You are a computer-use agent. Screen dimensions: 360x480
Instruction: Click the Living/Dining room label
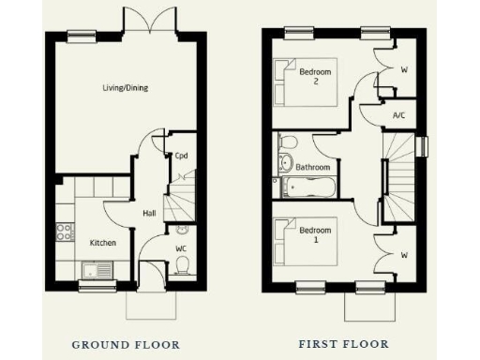pyautogui.click(x=125, y=88)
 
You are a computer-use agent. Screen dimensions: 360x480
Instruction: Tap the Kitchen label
pyautogui.click(x=102, y=243)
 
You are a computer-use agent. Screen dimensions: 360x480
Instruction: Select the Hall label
pyautogui.click(x=149, y=213)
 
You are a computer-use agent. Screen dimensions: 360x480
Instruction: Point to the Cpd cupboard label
pyautogui.click(x=180, y=157)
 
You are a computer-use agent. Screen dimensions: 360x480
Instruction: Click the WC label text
pyautogui.click(x=181, y=248)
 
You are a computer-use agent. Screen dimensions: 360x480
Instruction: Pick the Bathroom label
pyautogui.click(x=313, y=168)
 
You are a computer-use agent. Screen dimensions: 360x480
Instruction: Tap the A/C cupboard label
pyautogui.click(x=399, y=115)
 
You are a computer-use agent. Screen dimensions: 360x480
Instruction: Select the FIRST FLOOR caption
pyautogui.click(x=343, y=344)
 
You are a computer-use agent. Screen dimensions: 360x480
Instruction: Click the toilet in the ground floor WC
pyautogui.click(x=183, y=266)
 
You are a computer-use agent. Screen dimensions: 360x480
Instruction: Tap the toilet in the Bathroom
pyautogui.click(x=288, y=144)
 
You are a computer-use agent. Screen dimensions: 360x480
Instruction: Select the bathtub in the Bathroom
pyautogui.click(x=307, y=186)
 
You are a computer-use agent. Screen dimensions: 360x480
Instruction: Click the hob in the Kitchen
pyautogui.click(x=65, y=231)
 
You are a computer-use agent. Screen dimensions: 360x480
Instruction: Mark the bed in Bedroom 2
pyautogui.click(x=285, y=75)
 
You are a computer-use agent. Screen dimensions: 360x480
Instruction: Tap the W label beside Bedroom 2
pyautogui.click(x=404, y=68)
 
